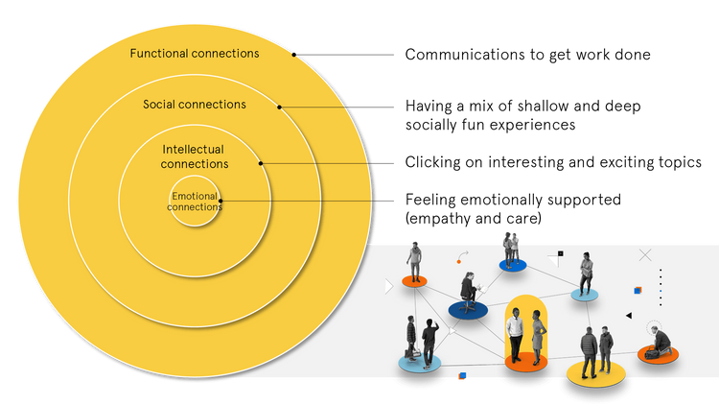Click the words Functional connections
[x=195, y=54]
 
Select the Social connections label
[x=195, y=104]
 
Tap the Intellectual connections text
[x=195, y=156]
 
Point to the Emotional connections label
[x=195, y=202]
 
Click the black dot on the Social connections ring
[x=279, y=107]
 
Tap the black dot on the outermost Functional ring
[x=294, y=54]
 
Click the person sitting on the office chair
[x=470, y=291]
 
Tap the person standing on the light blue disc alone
[x=586, y=273]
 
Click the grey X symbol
[x=645, y=254]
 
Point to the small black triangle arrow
[x=628, y=315]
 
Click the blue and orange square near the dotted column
[x=638, y=289]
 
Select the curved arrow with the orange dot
[x=461, y=258]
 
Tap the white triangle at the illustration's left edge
[x=388, y=286]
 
